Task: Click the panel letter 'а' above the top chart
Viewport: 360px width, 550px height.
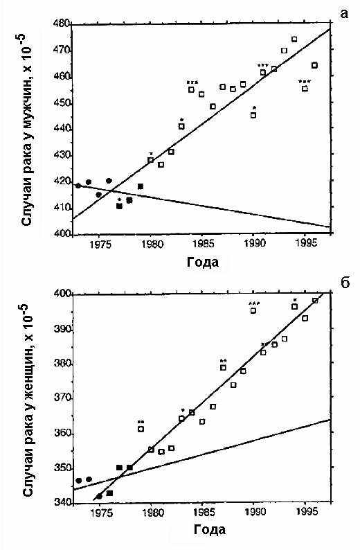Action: (x=344, y=13)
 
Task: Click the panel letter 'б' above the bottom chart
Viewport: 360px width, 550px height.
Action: (x=345, y=283)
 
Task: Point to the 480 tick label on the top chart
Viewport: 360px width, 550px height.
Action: (x=62, y=24)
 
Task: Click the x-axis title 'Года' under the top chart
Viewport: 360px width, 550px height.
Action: (x=203, y=262)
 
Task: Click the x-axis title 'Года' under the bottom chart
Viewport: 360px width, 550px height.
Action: (x=209, y=529)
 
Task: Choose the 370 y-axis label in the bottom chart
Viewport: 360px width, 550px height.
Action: (x=62, y=399)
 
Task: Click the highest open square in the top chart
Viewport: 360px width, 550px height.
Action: (x=294, y=39)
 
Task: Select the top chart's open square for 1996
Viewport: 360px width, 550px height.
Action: (x=315, y=65)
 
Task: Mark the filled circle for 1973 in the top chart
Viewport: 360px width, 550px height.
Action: (x=78, y=186)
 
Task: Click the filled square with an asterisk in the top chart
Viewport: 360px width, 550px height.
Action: (x=119, y=206)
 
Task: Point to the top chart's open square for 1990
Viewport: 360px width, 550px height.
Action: (x=253, y=115)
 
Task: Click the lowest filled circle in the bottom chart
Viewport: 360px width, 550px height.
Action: (x=99, y=497)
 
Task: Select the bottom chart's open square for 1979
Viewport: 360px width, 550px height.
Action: (x=141, y=429)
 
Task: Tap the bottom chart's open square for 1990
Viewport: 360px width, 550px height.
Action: (x=253, y=310)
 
